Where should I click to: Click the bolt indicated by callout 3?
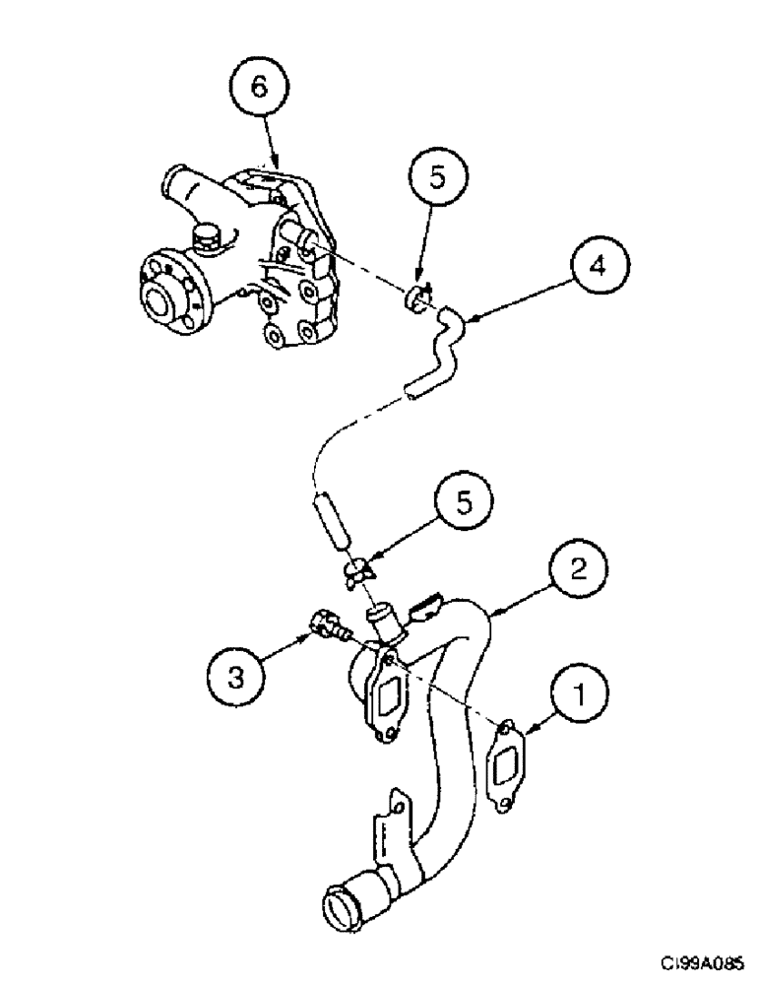[328, 624]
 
